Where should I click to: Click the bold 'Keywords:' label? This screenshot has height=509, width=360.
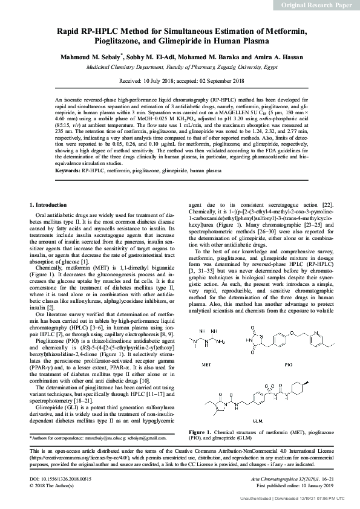(x=68, y=171)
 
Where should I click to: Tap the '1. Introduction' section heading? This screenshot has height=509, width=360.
(x=48, y=205)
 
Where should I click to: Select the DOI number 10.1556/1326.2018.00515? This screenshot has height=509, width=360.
(x=67, y=479)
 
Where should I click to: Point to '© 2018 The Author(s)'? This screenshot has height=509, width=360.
(x=52, y=485)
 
